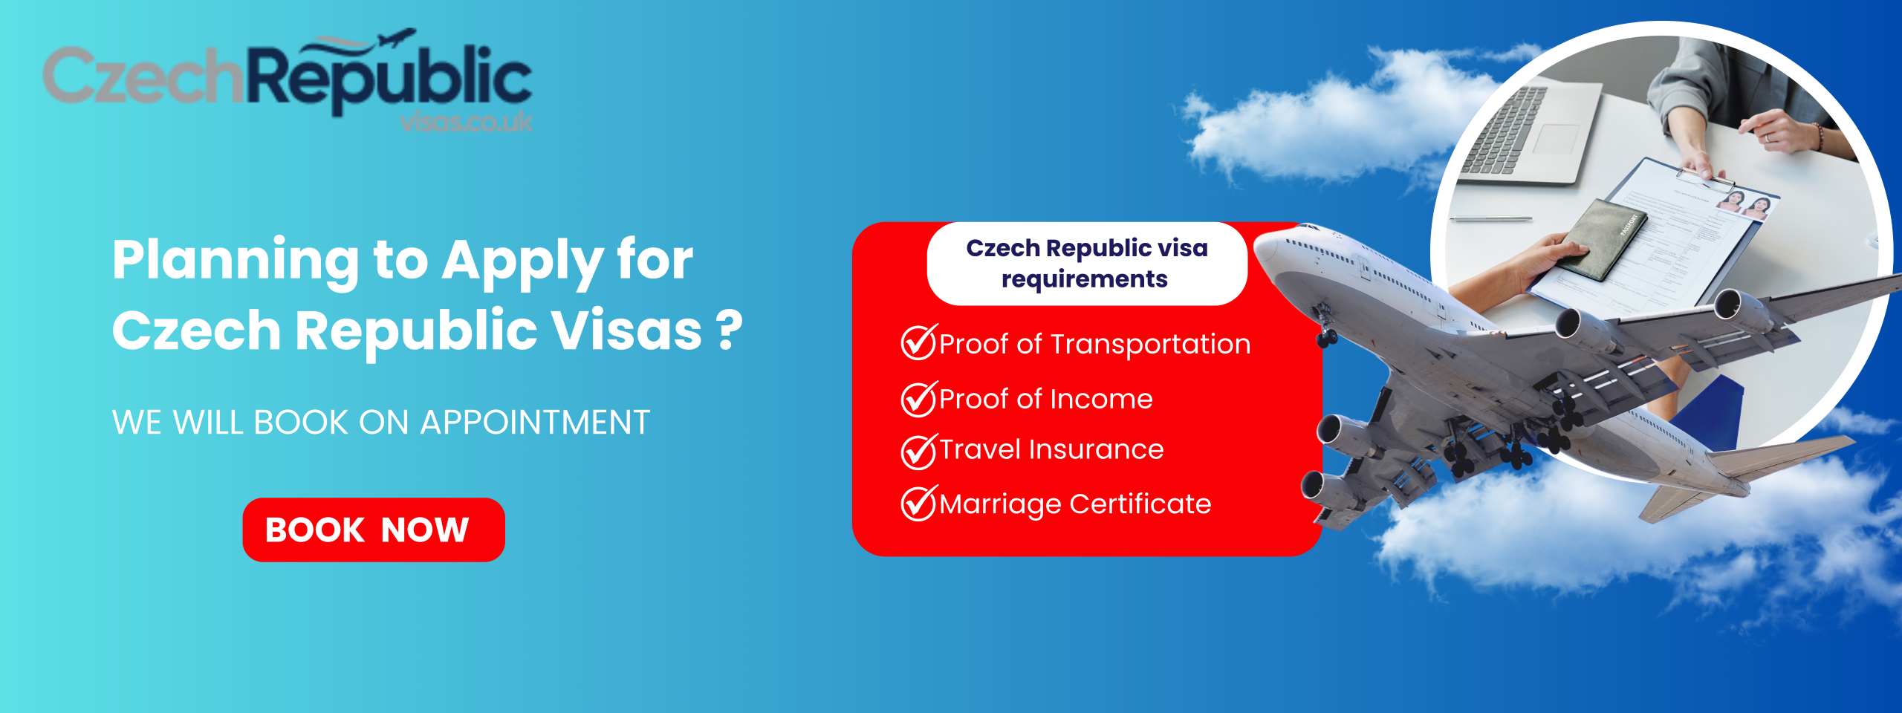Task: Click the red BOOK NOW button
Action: pos(374,530)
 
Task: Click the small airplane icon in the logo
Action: pos(398,38)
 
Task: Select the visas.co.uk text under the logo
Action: pos(467,122)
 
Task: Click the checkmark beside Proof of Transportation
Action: pos(920,342)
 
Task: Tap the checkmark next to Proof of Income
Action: pos(920,399)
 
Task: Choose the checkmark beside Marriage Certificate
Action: pos(920,504)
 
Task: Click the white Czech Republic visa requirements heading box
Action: pos(1087,264)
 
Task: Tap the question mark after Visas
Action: pos(730,331)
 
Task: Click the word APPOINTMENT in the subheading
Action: pos(535,423)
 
